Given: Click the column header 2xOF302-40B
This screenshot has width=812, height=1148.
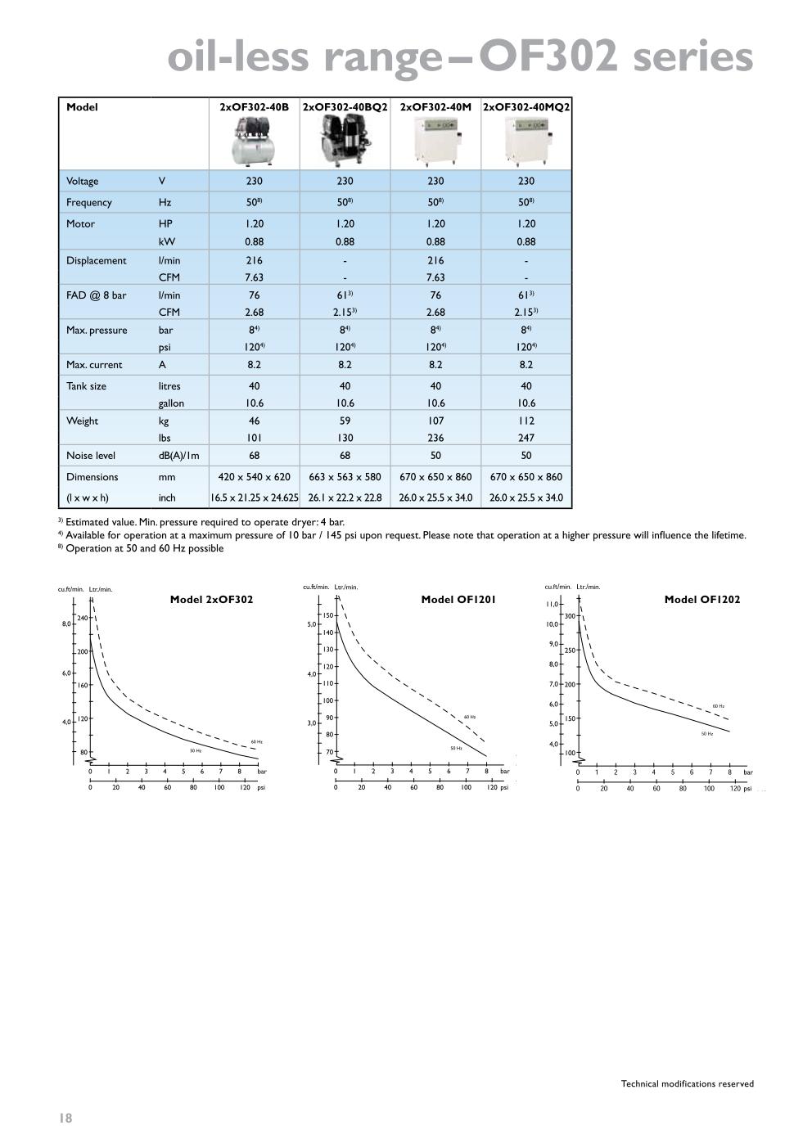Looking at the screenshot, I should (255, 107).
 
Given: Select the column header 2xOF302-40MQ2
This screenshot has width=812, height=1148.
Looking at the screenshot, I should (526, 107).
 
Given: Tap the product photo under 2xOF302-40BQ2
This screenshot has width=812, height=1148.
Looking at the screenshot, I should (345, 140).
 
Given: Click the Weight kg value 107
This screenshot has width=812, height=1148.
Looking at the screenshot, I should (435, 421).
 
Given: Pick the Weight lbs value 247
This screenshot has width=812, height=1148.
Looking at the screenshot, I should (526, 438).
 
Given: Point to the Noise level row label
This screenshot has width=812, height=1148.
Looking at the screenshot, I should (92, 456).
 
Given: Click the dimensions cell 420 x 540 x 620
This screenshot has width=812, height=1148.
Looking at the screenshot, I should (255, 477).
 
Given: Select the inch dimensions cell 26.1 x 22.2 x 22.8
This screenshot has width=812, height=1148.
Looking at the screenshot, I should (345, 497).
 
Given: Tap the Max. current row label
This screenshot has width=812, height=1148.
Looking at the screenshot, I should (94, 365).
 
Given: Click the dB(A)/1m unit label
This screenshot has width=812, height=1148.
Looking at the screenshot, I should (179, 456).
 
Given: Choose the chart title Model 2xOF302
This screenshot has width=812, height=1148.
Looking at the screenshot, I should (211, 600).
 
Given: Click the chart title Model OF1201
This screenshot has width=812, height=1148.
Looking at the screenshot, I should (458, 600).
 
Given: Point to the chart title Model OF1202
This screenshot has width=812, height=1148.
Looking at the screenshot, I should (702, 600).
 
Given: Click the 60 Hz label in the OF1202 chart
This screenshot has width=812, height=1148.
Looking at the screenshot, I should (718, 706).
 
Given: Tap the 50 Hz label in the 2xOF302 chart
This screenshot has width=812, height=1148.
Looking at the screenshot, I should (196, 750).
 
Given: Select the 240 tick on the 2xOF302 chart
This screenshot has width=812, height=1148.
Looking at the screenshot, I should (82, 618).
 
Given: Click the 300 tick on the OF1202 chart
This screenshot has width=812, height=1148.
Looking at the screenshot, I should (570, 615).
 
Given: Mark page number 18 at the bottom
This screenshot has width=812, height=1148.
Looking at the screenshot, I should (65, 1118).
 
